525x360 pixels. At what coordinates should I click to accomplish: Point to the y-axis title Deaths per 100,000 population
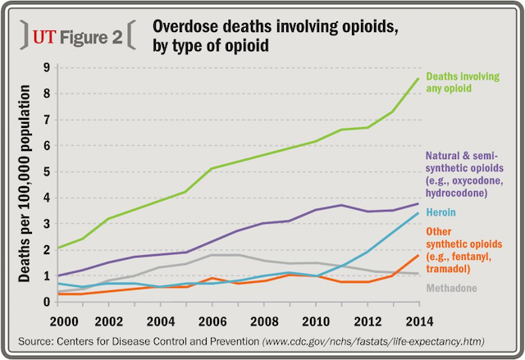pos(25,184)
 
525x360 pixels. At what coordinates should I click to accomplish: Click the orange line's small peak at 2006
pos(212,279)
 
